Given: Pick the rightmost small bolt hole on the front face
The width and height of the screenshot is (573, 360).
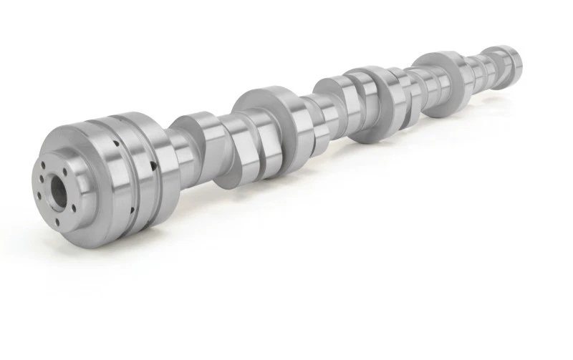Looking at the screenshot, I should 80,196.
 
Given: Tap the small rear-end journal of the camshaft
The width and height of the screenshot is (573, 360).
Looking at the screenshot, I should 506,61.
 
